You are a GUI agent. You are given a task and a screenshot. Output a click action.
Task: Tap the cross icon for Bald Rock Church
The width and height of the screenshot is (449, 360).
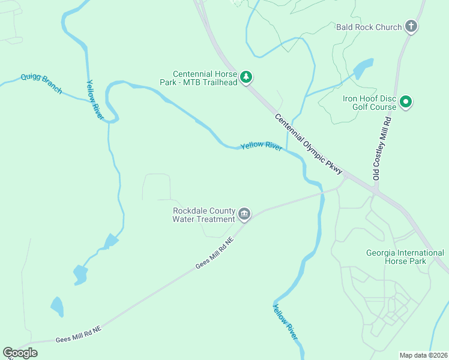tap(411, 26)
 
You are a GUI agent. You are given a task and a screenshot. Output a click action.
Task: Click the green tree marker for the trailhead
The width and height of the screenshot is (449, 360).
tap(246, 77)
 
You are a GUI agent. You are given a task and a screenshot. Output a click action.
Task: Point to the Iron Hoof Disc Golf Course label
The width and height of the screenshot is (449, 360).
tap(369, 103)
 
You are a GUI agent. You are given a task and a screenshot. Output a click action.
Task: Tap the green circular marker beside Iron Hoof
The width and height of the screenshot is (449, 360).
tap(406, 102)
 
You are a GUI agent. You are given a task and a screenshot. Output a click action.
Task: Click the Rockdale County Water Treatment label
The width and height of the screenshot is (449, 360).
tap(203, 215)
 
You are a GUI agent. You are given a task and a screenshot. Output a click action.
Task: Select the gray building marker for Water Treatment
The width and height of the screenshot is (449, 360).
tap(244, 214)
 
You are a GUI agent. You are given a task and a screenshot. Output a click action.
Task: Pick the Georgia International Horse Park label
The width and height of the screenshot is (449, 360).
tap(405, 257)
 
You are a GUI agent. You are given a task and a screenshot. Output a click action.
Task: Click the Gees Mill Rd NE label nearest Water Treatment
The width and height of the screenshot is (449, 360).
tap(214, 253)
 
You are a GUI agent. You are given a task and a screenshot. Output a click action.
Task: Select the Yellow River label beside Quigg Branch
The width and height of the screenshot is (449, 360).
tap(95, 100)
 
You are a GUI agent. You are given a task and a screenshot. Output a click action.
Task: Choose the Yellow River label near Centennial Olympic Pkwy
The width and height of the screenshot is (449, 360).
tap(261, 146)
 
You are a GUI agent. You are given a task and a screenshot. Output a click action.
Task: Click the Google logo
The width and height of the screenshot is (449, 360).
tap(20, 353)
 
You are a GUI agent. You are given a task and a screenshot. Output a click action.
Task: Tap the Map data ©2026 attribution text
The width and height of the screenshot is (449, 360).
tap(424, 355)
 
